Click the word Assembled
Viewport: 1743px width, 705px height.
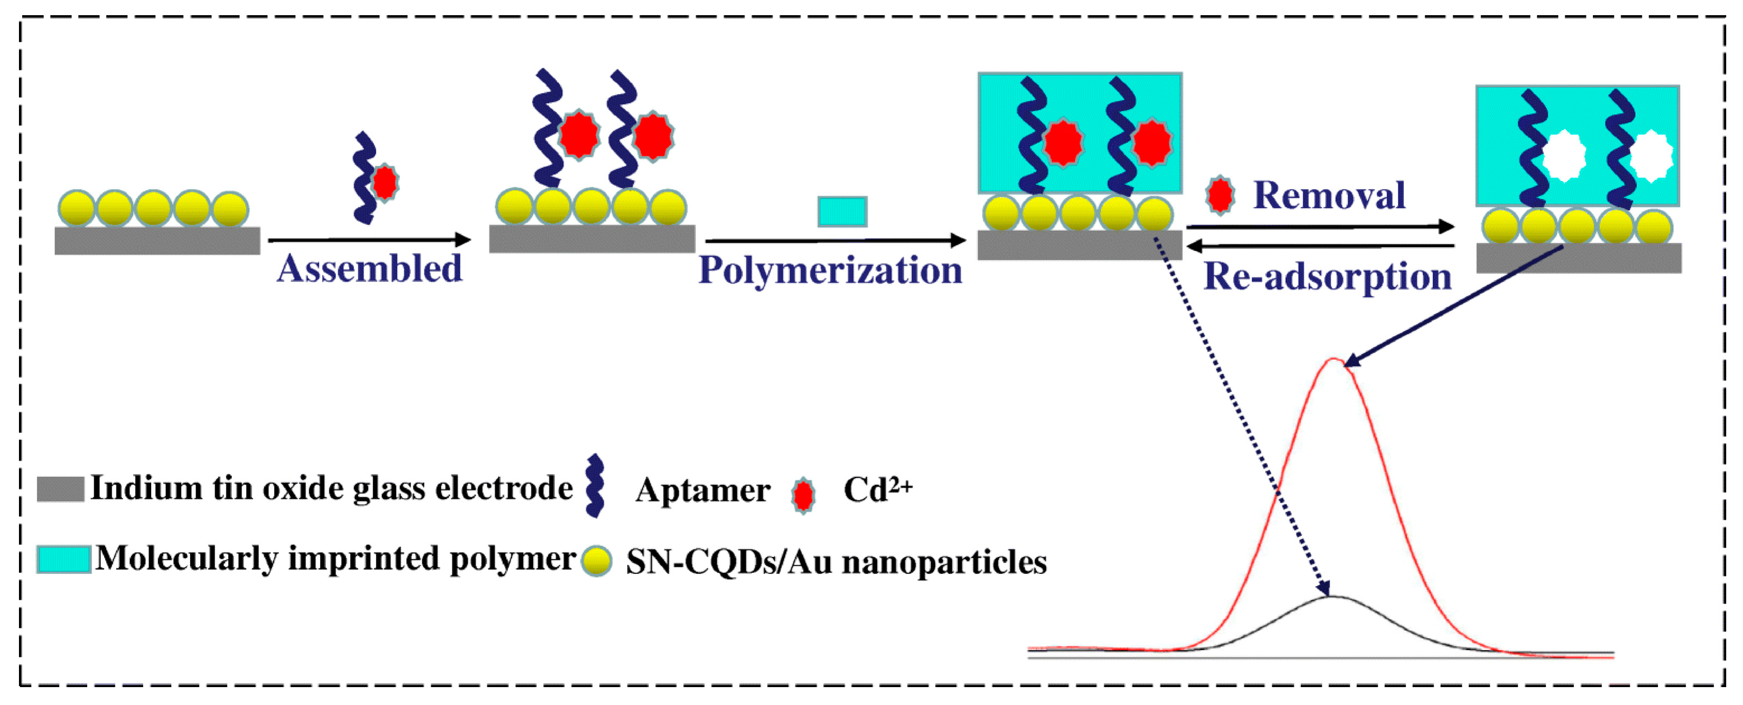point(370,269)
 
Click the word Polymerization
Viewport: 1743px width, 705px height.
point(830,270)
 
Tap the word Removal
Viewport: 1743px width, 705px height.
point(1329,196)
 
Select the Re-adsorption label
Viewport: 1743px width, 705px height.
point(1327,277)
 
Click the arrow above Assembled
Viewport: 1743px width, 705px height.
point(369,240)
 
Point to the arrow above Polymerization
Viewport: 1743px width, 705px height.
point(835,240)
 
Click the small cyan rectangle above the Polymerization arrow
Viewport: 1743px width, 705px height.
point(842,211)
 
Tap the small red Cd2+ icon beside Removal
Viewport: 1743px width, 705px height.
point(1220,196)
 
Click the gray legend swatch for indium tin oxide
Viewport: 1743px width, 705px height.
point(60,488)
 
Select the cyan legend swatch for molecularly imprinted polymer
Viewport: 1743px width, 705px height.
point(63,559)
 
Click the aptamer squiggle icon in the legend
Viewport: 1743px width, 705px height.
point(595,485)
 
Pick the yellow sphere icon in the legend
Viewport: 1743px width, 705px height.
point(597,561)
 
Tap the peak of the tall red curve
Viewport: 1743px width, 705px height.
point(1333,359)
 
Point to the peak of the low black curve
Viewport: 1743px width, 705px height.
point(1330,596)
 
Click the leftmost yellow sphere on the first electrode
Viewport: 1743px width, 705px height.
point(76,208)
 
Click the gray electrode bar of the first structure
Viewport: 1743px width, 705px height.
point(157,241)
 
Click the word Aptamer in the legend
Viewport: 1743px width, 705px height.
point(702,490)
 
